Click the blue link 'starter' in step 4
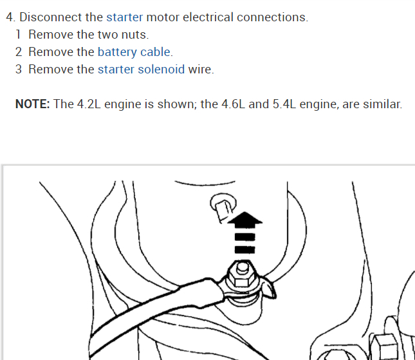click(x=124, y=17)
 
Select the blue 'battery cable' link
click(x=134, y=52)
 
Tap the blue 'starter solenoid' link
click(x=141, y=69)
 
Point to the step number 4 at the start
click(x=9, y=17)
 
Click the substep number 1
click(x=19, y=34)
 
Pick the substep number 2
click(x=19, y=52)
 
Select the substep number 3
click(x=19, y=69)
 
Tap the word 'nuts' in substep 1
click(x=134, y=34)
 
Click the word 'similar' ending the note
click(x=382, y=104)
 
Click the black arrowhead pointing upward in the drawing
click(x=245, y=222)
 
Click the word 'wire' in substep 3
click(x=200, y=69)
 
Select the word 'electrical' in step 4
click(x=208, y=17)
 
